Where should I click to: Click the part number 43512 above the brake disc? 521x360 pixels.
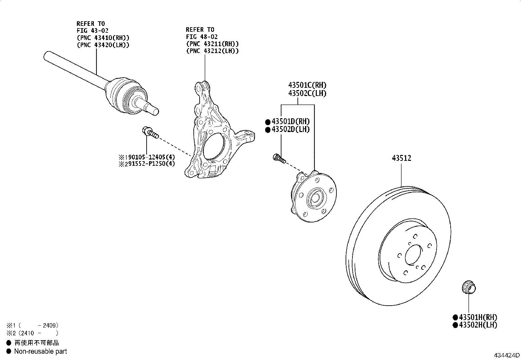coord(402,158)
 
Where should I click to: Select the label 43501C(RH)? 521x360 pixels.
coord(307,85)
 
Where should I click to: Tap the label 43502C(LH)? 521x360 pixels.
coord(307,93)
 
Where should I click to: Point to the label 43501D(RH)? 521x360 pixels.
coord(291,121)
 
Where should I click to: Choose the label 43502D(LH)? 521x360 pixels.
coord(291,129)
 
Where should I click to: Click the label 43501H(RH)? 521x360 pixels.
coord(478,317)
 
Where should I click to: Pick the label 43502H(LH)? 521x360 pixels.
coord(478,325)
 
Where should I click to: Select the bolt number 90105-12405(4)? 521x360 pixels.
coord(152,157)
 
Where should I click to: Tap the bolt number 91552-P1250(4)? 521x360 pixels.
coord(152,164)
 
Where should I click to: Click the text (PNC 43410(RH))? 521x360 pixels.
coord(103,38)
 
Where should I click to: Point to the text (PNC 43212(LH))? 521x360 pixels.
coord(212,51)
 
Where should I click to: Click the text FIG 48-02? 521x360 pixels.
coord(202,37)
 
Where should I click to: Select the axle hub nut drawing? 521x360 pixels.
coord(469,287)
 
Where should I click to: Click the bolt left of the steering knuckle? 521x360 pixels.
coord(150,132)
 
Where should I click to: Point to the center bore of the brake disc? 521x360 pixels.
coord(413,255)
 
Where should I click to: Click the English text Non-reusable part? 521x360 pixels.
coord(41,351)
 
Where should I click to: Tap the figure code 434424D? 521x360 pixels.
coord(506,355)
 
